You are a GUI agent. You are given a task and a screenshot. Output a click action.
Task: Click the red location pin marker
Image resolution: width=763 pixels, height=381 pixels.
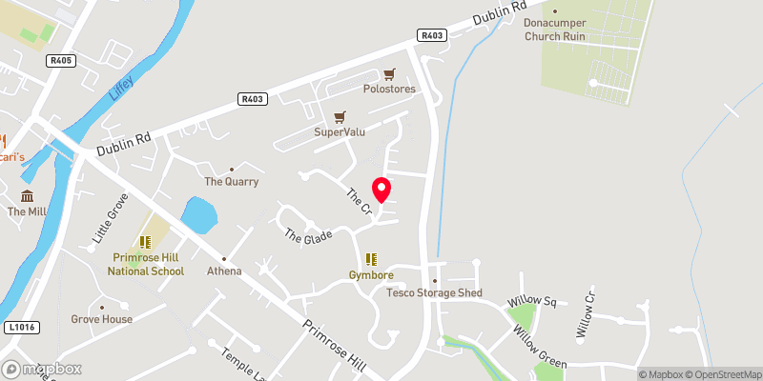tap(381, 190)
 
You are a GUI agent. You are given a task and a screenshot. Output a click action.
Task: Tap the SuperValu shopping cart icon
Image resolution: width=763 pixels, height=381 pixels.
tap(340, 117)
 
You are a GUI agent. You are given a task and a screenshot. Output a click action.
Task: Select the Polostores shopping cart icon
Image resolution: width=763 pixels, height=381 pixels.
tap(389, 74)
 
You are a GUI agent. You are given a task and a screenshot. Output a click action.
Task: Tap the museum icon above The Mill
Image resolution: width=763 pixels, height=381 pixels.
tap(21, 196)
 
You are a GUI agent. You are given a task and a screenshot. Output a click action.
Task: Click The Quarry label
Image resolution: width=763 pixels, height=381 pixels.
tap(231, 181)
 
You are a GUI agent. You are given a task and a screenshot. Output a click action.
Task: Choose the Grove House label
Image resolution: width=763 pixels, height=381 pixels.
tap(102, 319)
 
